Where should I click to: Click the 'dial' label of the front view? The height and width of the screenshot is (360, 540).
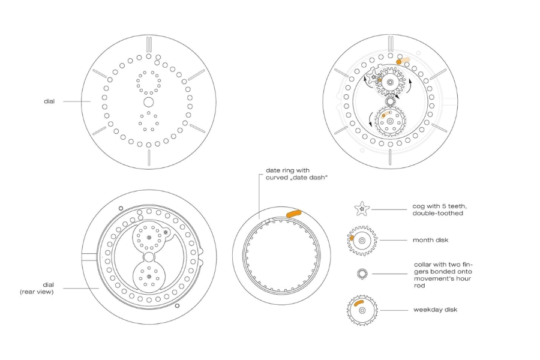[x=49, y=101]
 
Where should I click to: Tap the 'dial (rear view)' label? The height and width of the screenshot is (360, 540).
[x=37, y=289]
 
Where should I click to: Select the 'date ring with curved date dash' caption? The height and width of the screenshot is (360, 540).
[x=296, y=174]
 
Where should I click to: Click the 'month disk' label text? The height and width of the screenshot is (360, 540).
[x=430, y=240]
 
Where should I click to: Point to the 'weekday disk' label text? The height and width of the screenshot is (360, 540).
[x=436, y=310]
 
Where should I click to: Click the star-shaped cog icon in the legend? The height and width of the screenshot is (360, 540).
[x=362, y=209]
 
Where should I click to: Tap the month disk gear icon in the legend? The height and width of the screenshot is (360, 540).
[x=362, y=241]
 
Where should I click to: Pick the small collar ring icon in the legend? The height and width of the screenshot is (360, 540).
[x=362, y=274]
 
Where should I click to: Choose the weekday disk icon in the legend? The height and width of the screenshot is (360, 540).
[x=362, y=310]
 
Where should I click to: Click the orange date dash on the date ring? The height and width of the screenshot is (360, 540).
[x=294, y=214]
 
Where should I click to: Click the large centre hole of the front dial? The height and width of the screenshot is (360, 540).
[x=148, y=102]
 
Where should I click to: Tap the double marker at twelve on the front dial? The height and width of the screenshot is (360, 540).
[x=149, y=44]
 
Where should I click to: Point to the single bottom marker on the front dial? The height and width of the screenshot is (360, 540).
[x=149, y=158]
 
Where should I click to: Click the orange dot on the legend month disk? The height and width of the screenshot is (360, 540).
[x=352, y=238]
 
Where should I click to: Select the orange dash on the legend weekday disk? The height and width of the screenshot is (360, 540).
[x=359, y=302]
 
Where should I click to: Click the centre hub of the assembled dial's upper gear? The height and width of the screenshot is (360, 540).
[x=390, y=82]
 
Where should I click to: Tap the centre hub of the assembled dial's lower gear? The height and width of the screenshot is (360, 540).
[x=390, y=121]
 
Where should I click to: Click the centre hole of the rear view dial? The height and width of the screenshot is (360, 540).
[x=149, y=257]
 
